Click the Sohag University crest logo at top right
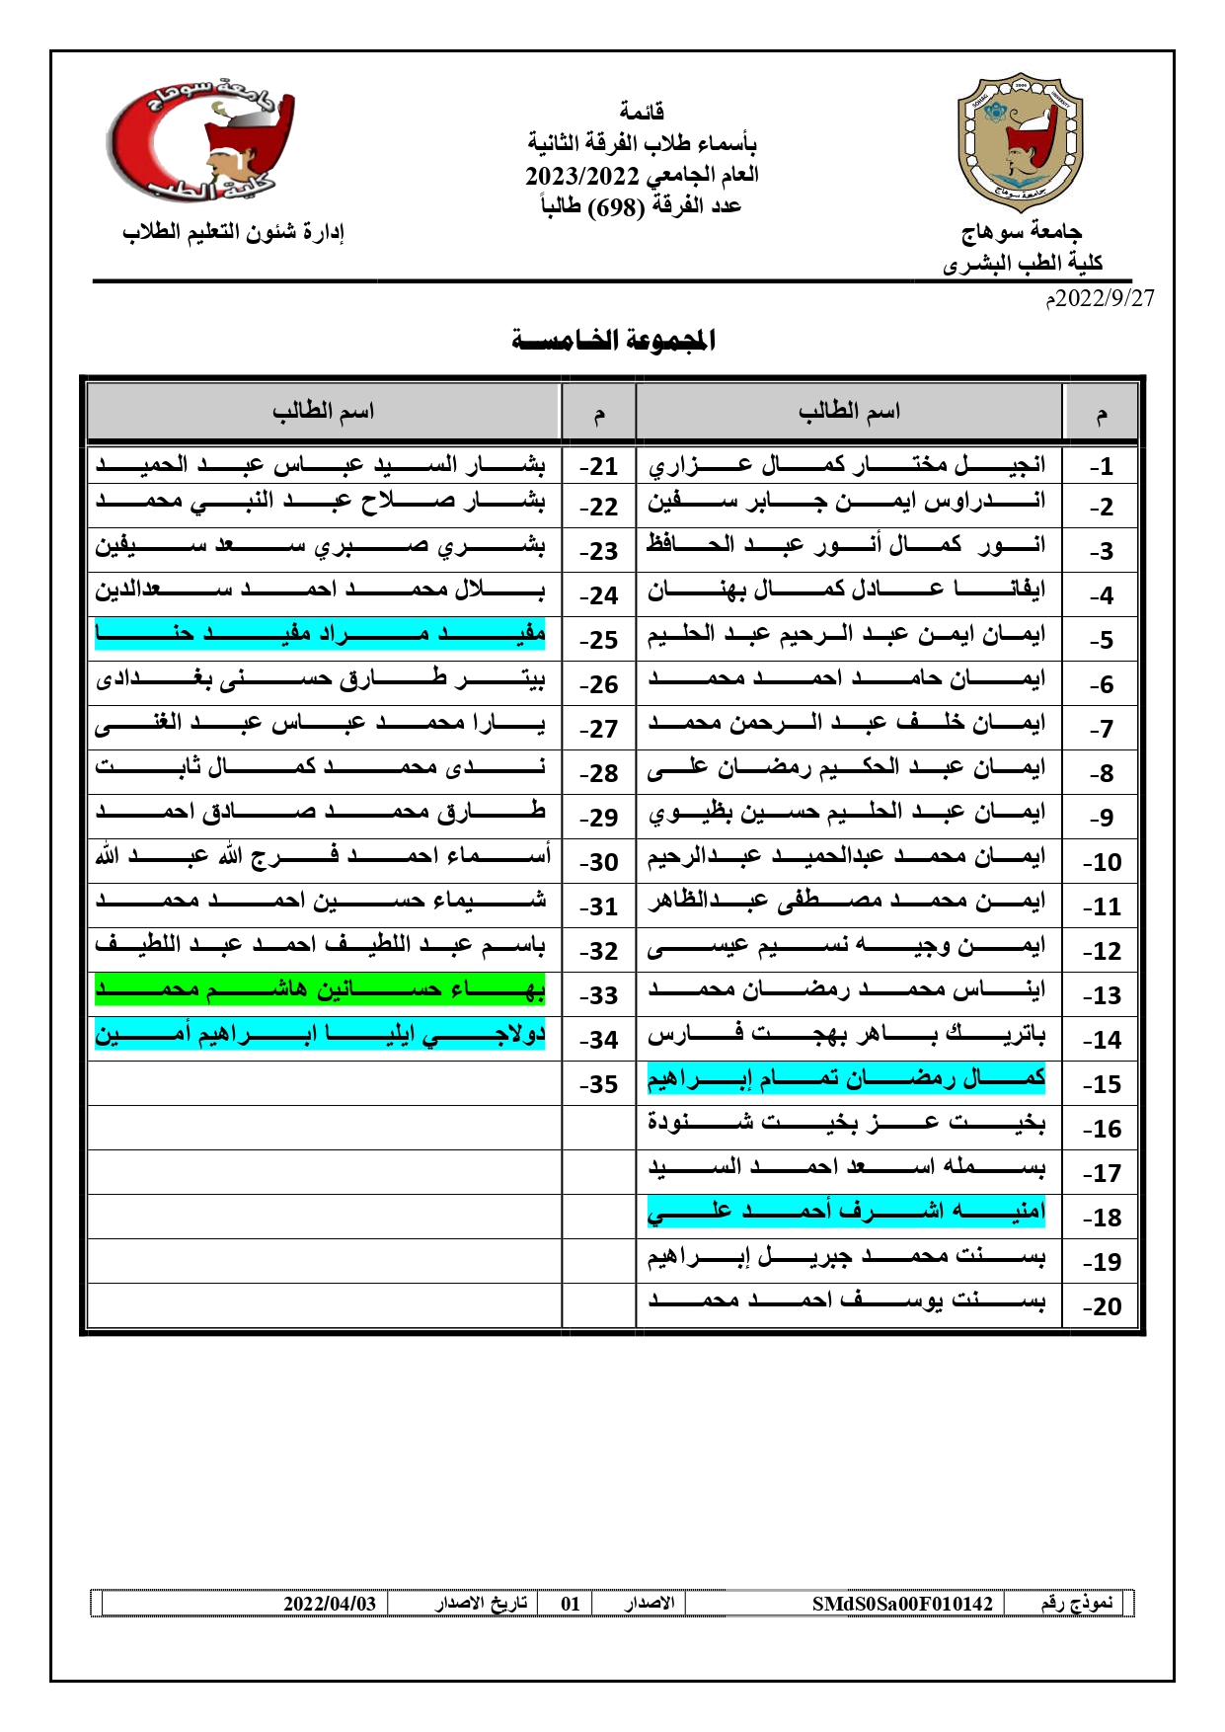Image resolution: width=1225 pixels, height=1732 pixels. pyautogui.click(x=1021, y=143)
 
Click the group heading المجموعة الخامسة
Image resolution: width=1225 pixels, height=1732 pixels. pyautogui.click(x=613, y=341)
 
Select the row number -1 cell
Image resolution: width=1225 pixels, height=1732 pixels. pyautogui.click(x=1101, y=466)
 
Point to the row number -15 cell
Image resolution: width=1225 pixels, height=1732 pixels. pyautogui.click(x=1101, y=1084)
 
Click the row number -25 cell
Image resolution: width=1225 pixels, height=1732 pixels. pyautogui.click(x=598, y=640)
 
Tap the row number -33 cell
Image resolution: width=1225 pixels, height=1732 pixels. pyautogui.click(x=598, y=995)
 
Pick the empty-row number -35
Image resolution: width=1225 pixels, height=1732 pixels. pyautogui.click(x=598, y=1084)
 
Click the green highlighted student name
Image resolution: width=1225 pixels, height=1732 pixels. pyautogui.click(x=320, y=989)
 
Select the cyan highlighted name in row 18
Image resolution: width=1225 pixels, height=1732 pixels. pyautogui.click(x=846, y=1212)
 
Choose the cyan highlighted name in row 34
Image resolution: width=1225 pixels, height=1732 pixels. pyautogui.click(x=320, y=1034)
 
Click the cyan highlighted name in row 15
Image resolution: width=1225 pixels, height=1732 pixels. pyautogui.click(x=846, y=1078)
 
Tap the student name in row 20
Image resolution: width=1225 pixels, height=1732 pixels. pyautogui.click(x=846, y=1301)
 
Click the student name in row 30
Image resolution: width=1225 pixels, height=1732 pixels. pyautogui.click(x=323, y=856)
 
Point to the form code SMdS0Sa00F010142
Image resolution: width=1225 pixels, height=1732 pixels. pyautogui.click(x=901, y=1604)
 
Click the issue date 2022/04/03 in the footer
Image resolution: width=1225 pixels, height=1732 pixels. pyautogui.click(x=330, y=1604)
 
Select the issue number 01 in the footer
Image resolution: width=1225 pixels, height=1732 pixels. pyautogui.click(x=570, y=1604)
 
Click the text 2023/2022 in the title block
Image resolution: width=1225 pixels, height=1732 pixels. pyautogui.click(x=581, y=176)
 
